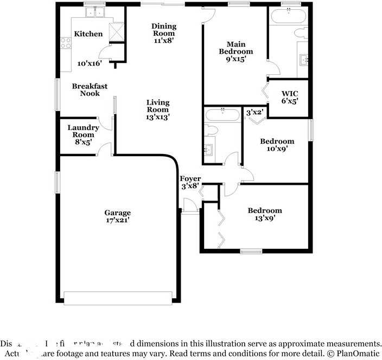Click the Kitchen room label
[88, 34]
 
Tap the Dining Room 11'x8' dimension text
[164, 41]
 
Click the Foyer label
[190, 179]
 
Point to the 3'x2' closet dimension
[255, 113]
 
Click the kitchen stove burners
[67, 42]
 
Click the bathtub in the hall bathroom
[222, 115]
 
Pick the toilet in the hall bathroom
[212, 130]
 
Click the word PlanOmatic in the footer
[359, 353]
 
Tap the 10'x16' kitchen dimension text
[90, 63]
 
